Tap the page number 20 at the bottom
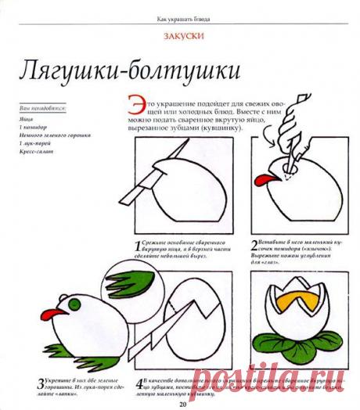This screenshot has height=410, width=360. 182,405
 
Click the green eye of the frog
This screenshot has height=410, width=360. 76,303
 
